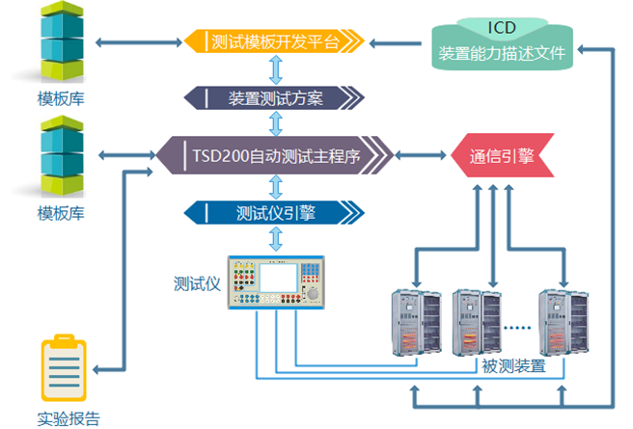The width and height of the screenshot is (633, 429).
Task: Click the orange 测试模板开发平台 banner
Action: [x=276, y=41]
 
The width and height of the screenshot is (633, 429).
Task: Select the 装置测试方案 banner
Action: [x=275, y=97]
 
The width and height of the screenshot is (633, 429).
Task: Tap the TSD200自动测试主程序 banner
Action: [x=280, y=154]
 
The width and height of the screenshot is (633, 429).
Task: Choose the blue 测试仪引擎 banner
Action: [x=275, y=212]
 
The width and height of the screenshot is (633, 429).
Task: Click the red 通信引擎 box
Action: [x=501, y=155]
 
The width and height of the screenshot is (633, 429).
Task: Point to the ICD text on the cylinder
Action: [x=502, y=26]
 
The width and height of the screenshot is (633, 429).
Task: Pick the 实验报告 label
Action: [x=68, y=418]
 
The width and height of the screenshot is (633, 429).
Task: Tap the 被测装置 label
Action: [x=512, y=366]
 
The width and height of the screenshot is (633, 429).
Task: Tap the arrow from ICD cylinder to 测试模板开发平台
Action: [x=398, y=41]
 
